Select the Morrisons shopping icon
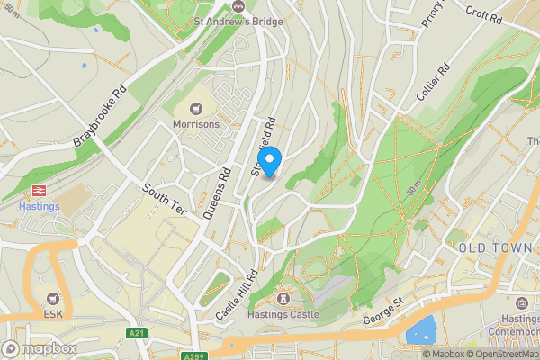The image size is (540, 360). tap(196, 108)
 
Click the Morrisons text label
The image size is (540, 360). tap(196, 123)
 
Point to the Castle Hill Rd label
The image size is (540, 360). tap(236, 295)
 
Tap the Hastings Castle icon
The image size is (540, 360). tap(283, 298)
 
